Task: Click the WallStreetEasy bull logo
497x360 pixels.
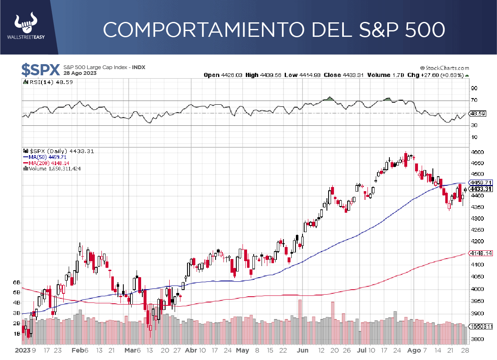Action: pyautogui.click(x=26, y=24)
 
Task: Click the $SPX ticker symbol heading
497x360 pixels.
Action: pyautogui.click(x=41, y=70)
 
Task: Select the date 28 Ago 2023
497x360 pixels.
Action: pyautogui.click(x=80, y=73)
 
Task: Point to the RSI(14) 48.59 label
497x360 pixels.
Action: pyautogui.click(x=48, y=82)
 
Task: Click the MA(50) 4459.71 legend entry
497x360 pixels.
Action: pyautogui.click(x=44, y=157)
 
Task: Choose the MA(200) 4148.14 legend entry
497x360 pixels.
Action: pyautogui.click(x=46, y=163)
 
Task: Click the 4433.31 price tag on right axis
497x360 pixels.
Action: pyautogui.click(x=481, y=189)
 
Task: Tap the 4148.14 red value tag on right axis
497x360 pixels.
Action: pyautogui.click(x=481, y=253)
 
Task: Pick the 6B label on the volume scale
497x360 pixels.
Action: pyautogui.click(x=17, y=282)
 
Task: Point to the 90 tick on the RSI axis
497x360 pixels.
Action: pyautogui.click(x=474, y=88)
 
